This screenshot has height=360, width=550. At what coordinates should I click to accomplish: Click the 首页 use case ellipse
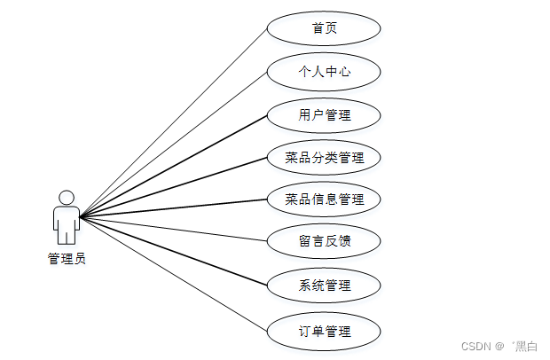point(324,28)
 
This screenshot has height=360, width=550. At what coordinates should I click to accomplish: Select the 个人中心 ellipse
point(324,72)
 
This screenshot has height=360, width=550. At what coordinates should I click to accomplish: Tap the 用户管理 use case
point(324,114)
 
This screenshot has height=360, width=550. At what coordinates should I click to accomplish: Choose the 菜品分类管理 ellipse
point(324,158)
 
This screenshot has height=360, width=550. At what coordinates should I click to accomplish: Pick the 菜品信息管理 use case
point(324,200)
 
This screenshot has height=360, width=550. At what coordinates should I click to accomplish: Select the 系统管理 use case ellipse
point(324,285)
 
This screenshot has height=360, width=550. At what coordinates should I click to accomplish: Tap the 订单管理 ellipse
point(324,331)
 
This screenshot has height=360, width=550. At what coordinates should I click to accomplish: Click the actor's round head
point(66,197)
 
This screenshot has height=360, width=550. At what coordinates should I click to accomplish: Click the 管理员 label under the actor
point(67,259)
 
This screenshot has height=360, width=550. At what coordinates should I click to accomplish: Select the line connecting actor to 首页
point(173,123)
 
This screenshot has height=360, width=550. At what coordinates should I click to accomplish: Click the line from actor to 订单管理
point(173,274)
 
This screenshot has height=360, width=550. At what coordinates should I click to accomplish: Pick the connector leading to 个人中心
point(173,145)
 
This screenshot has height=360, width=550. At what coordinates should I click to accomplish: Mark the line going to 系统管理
point(173,252)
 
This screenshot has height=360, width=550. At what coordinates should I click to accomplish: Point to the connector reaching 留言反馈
point(173,230)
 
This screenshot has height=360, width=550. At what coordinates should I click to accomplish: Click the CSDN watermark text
point(478,345)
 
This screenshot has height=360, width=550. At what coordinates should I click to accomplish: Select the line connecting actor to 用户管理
point(173,166)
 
